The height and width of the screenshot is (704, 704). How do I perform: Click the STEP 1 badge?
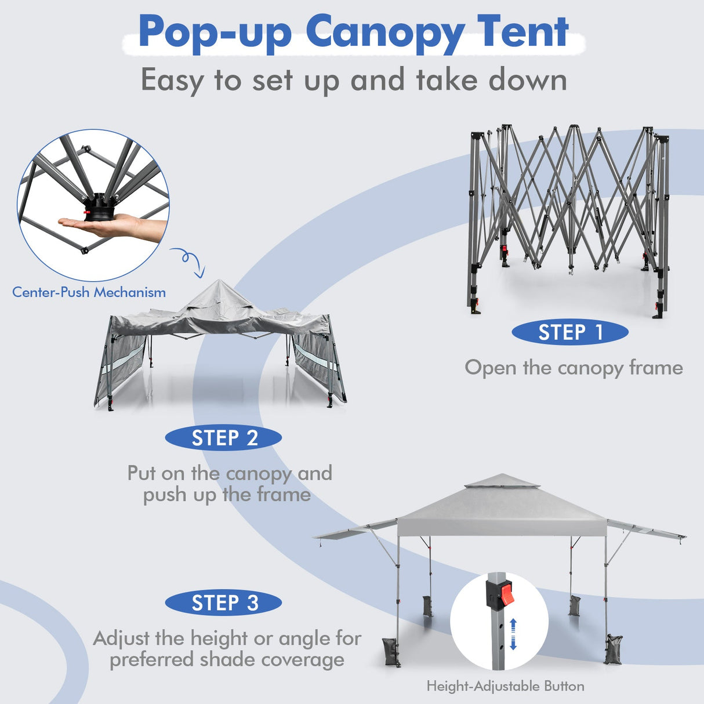tap(570, 332)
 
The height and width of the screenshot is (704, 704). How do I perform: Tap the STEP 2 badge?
tap(224, 438)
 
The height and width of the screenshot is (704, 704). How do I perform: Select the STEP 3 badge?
tap(224, 603)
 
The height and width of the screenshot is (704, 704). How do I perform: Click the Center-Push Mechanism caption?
tap(89, 292)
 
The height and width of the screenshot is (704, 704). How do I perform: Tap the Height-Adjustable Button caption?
tap(505, 687)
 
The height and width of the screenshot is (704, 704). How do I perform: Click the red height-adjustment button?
tap(507, 594)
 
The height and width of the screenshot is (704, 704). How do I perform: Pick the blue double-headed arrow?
tap(513, 634)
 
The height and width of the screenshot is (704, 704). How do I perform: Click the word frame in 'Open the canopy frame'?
tap(656, 368)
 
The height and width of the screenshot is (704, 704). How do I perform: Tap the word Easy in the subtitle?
tap(172, 80)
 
